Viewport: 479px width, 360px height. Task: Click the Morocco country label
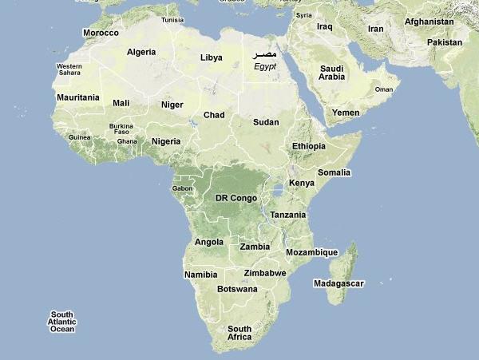coord(101,33)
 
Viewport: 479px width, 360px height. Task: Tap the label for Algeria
coord(141,52)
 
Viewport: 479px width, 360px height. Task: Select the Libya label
coord(211,57)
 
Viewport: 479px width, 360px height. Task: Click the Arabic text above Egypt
coord(264,54)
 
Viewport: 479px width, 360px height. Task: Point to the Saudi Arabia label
coord(331,73)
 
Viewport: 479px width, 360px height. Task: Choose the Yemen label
coord(346,113)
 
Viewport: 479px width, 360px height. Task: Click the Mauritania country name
coord(78,97)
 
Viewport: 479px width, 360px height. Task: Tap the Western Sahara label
coord(69,69)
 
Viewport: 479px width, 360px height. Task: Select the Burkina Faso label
coord(121,129)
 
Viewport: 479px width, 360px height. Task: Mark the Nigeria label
coord(166,141)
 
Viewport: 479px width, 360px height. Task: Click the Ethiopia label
coord(309,146)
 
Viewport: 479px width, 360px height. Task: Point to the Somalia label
coord(334,172)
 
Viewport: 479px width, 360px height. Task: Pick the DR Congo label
coord(236,197)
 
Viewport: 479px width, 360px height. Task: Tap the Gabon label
coord(182,188)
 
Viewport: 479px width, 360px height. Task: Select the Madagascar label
coord(338,283)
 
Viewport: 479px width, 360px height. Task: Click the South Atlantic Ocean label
coord(62,322)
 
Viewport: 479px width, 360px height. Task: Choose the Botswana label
coord(237,289)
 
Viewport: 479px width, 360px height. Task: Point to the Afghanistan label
coord(429,22)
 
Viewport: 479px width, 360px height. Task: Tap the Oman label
coord(384,89)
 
